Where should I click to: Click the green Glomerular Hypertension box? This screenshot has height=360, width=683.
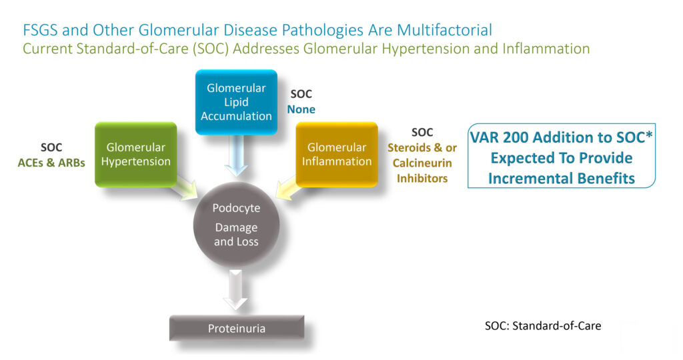[136, 155]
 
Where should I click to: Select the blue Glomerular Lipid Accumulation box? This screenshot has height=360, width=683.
[236, 102]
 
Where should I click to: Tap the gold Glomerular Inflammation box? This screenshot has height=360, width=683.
[337, 155]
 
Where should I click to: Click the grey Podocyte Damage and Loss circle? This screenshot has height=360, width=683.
[236, 225]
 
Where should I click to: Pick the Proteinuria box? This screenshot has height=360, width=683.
[237, 328]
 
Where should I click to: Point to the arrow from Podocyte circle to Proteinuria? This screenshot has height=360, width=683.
[235, 290]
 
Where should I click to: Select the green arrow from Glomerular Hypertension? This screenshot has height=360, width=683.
[184, 188]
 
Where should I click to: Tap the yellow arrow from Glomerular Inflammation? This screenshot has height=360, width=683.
[288, 188]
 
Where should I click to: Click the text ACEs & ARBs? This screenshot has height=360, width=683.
[51, 163]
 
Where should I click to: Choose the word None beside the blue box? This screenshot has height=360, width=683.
[301, 109]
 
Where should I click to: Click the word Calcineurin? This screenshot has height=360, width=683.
[422, 163]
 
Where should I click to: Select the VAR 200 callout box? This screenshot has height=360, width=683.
[562, 156]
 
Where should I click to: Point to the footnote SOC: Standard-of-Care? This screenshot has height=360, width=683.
[543, 325]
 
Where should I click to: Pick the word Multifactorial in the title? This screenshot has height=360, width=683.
[445, 30]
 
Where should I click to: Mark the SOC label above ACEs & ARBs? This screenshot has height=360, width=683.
[51, 147]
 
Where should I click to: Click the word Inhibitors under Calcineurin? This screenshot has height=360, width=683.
[422, 178]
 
